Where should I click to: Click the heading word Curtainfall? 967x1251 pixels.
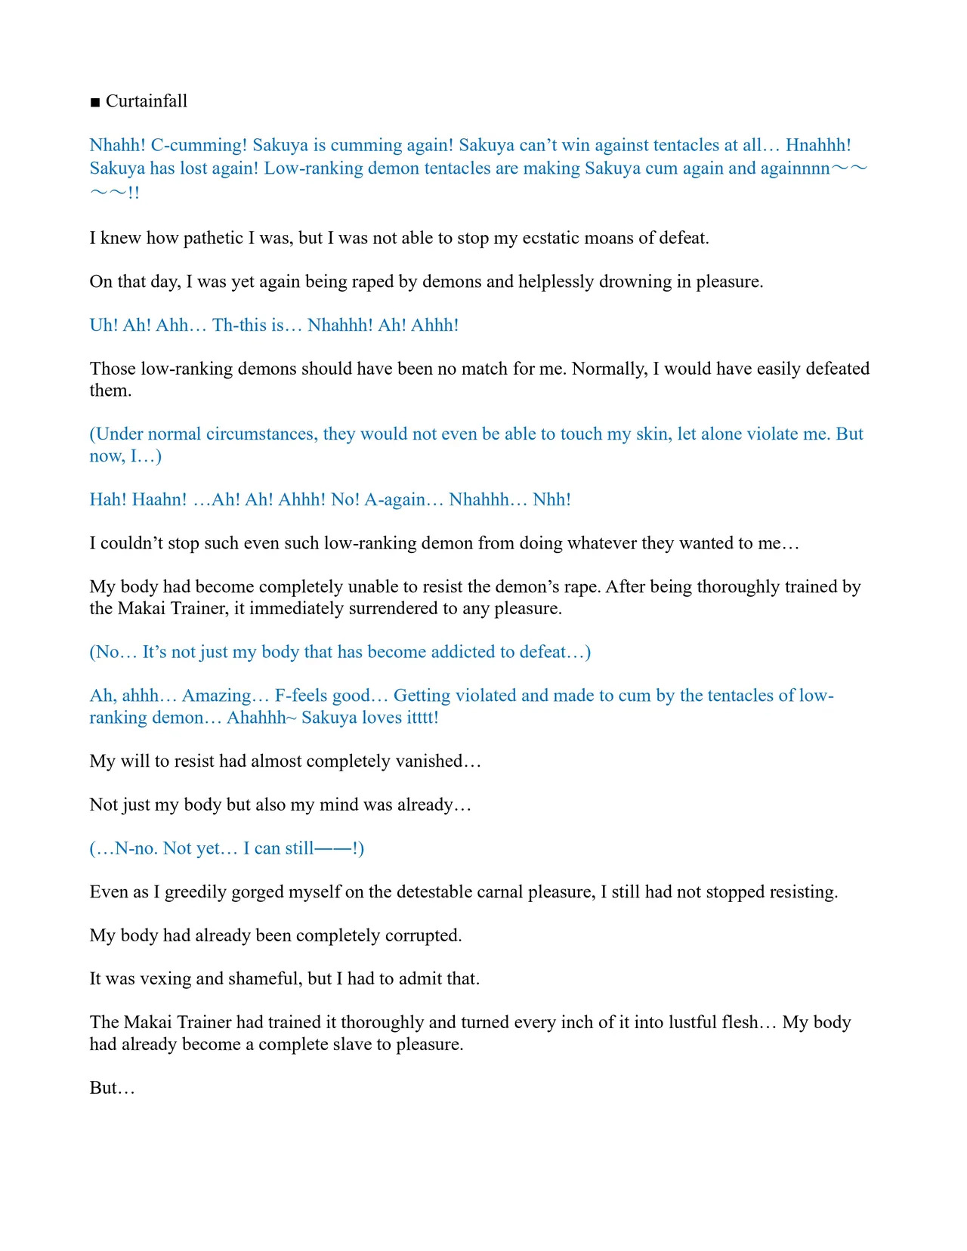pos(147,101)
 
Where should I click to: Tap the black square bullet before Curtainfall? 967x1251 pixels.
pos(95,103)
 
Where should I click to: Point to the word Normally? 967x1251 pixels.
pos(610,369)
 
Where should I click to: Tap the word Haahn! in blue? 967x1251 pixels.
pos(159,500)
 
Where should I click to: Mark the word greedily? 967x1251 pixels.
pos(200,892)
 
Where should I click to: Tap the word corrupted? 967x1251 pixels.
pos(422,936)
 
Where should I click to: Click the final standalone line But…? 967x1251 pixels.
pos(112,1089)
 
